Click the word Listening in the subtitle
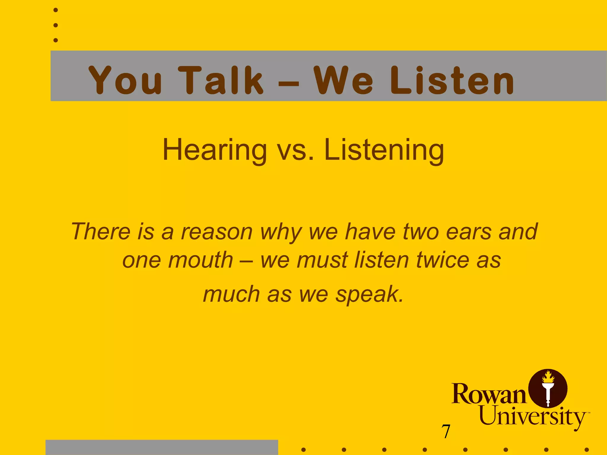pyautogui.click(x=384, y=150)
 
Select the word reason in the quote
pyautogui.click(x=217, y=232)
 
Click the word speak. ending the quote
pyautogui.click(x=369, y=294)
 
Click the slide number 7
pyautogui.click(x=446, y=431)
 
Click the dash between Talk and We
pyautogui.click(x=288, y=84)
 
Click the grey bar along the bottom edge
pyautogui.click(x=162, y=447)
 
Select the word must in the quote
pyautogui.click(x=322, y=260)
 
